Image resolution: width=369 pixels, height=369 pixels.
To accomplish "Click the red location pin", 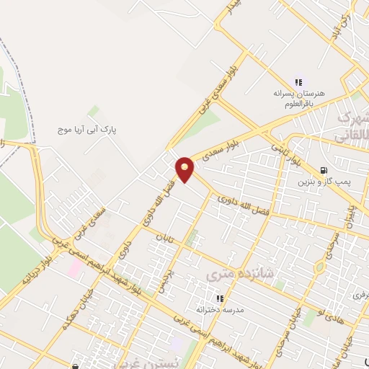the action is (x=185, y=169).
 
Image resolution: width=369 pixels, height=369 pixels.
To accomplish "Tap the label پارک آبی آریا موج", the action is (x=87, y=130).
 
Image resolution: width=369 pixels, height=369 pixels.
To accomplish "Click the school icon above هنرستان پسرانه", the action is (x=298, y=83).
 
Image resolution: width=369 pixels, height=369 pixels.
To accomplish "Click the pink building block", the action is (x=74, y=267).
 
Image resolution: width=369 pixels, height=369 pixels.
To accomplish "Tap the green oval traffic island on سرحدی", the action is (x=320, y=267).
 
